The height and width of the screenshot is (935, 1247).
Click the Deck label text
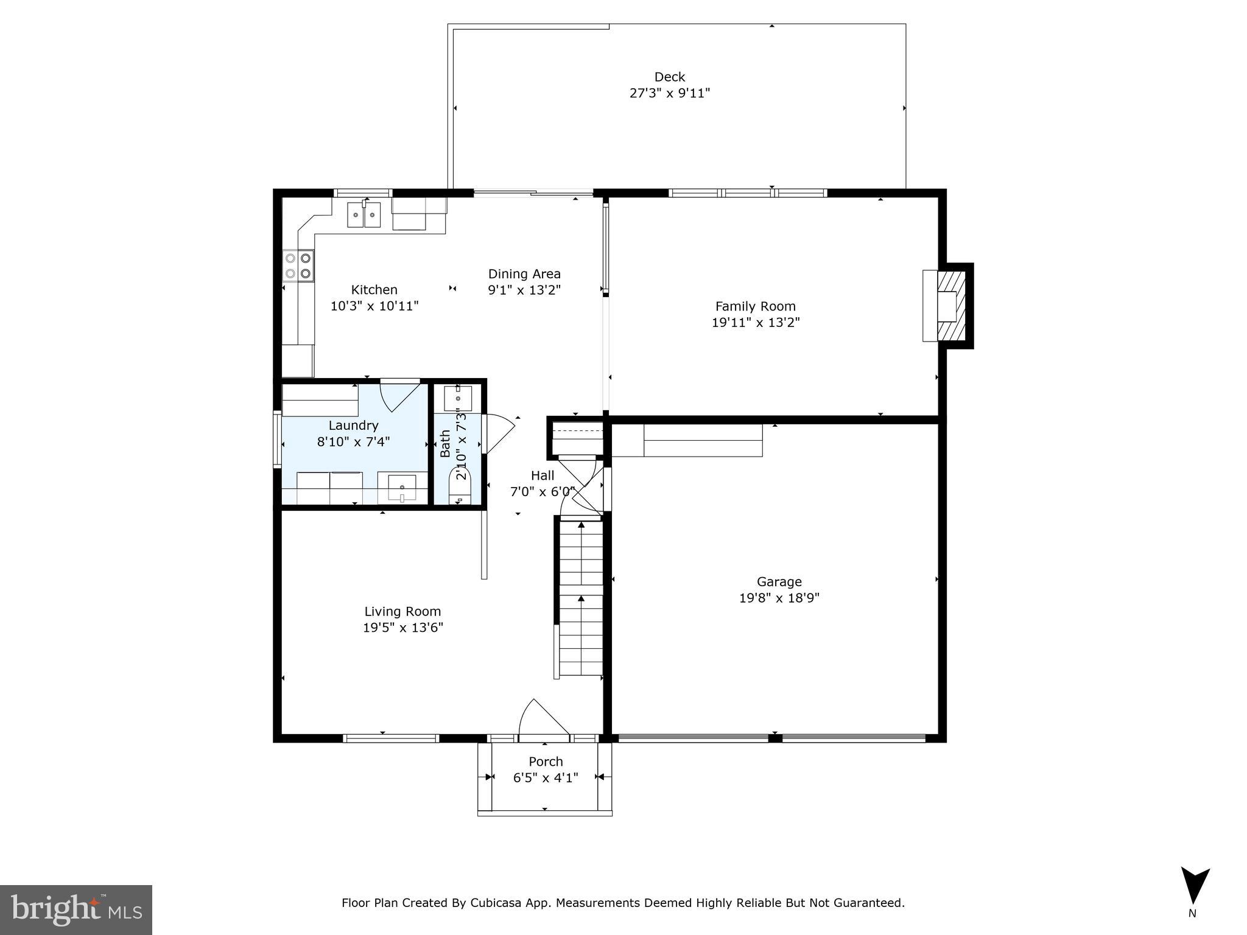(669, 77)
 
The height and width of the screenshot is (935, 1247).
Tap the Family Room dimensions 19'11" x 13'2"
(755, 323)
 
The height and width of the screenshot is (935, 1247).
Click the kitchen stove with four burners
(298, 266)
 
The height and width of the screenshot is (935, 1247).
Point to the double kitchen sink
(364, 215)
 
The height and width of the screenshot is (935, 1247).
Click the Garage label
(779, 581)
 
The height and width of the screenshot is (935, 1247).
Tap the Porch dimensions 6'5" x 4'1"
(546, 777)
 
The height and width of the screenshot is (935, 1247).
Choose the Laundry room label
(353, 425)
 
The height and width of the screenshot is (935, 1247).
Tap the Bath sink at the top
(458, 398)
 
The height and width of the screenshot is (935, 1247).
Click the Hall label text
(542, 475)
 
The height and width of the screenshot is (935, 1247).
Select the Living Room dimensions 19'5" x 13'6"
(402, 628)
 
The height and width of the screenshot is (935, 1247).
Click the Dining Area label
(524, 274)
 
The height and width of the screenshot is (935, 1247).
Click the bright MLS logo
(76, 909)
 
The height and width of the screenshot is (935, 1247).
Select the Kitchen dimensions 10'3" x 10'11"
(374, 306)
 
